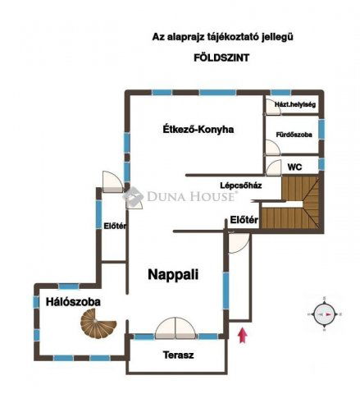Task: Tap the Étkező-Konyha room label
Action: click(x=198, y=129)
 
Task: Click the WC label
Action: click(x=294, y=167)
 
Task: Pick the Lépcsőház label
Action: click(x=240, y=185)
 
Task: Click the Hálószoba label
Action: click(x=73, y=302)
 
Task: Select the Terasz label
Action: click(x=178, y=355)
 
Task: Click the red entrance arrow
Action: click(x=241, y=334)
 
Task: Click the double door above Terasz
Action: click(x=175, y=328)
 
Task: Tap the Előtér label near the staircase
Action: click(x=244, y=219)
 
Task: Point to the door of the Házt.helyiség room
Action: click(x=271, y=107)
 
